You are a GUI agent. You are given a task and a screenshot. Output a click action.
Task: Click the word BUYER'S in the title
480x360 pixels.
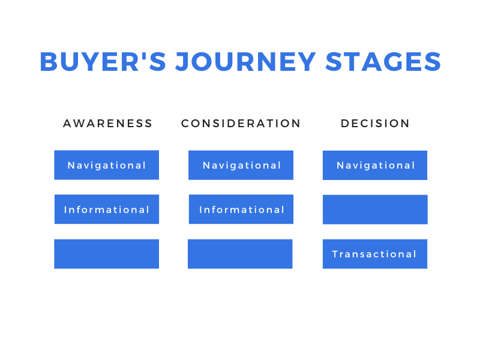(103, 62)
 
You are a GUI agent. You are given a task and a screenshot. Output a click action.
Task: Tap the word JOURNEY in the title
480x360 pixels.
(245, 62)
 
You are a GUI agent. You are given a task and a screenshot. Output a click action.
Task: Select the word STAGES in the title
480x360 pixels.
(383, 62)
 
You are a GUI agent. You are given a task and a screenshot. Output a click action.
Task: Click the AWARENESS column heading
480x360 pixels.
(107, 124)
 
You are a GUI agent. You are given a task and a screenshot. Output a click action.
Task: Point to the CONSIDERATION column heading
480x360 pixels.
(241, 124)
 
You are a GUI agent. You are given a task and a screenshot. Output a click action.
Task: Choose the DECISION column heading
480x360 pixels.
(375, 124)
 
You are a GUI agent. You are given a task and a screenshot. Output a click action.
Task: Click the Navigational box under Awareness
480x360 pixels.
(107, 165)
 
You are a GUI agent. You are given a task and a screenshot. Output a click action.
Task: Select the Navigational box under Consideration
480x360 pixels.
(241, 165)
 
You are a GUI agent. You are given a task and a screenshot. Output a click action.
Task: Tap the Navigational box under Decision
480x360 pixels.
(375, 166)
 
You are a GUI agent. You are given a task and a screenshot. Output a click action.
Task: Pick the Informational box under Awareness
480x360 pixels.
(107, 209)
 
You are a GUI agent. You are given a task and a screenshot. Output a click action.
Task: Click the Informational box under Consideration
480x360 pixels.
(241, 209)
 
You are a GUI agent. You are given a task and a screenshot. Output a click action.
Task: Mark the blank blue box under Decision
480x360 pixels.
(376, 209)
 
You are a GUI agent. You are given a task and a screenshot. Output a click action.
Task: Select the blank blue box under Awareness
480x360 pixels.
(107, 254)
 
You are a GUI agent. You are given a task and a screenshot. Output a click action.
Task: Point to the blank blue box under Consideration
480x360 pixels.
(241, 254)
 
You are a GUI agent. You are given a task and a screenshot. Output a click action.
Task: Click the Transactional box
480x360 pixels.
(375, 254)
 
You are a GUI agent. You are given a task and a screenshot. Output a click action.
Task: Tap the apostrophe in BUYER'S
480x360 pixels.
(143, 55)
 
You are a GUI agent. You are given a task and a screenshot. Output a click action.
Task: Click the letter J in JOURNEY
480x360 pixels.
(181, 62)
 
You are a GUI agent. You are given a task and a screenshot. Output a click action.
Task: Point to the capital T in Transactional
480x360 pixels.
(335, 254)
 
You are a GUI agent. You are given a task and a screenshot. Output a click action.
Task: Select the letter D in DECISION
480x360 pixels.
(344, 124)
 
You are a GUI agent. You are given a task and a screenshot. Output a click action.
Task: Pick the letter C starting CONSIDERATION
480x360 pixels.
(185, 124)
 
